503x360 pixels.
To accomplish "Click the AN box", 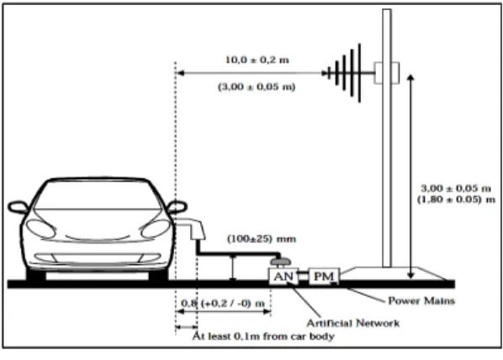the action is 283,276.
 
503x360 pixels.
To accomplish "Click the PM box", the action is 324,276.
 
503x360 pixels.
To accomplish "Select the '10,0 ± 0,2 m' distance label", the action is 257,60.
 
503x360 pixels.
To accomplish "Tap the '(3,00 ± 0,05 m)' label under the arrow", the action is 257,87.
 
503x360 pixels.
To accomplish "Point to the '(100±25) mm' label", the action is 262,239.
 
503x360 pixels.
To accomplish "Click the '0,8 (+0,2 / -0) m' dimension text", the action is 223,303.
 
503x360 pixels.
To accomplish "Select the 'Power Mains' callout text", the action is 421,301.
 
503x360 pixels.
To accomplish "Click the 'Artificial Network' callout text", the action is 353,323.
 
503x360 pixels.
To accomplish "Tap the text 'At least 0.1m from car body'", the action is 263,336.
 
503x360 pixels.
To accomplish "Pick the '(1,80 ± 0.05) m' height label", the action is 456,199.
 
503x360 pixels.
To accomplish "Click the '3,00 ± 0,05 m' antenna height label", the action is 456,188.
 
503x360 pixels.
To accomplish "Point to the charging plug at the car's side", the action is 191,229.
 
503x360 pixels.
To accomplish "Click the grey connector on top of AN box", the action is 281,262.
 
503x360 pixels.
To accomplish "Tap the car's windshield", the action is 98,196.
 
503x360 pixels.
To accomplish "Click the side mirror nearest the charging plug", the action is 177,207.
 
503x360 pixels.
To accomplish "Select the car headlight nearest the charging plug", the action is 156,229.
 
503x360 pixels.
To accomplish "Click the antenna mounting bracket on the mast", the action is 387,73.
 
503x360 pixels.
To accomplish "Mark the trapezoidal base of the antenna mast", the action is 393,273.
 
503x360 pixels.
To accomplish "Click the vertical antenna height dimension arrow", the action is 411,177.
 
